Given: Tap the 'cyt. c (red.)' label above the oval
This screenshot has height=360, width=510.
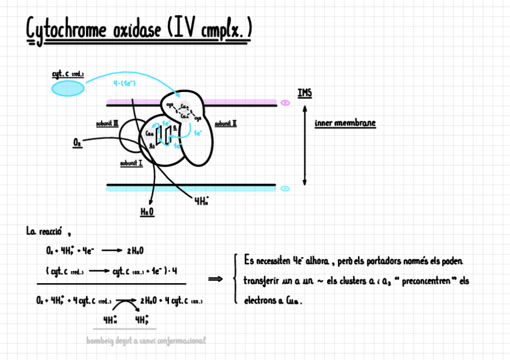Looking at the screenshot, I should [67, 75].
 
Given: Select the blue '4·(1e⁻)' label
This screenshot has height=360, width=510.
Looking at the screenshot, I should [123, 83].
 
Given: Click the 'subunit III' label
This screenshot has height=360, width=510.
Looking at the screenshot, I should [107, 124].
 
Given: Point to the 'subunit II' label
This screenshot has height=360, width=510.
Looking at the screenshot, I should [226, 123].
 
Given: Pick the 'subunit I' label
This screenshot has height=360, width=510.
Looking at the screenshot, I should [131, 162].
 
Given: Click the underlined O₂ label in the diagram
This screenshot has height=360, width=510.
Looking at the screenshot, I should [77, 142].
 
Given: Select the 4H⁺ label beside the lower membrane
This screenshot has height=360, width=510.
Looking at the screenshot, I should [202, 202].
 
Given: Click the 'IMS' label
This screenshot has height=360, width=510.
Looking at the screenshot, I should [305, 93].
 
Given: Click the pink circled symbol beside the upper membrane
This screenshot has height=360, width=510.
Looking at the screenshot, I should [285, 103].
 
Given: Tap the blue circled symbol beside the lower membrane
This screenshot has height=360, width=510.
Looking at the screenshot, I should [285, 188].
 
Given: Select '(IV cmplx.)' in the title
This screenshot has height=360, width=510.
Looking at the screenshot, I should [210, 29].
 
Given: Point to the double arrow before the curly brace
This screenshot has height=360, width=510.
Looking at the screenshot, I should [215, 278].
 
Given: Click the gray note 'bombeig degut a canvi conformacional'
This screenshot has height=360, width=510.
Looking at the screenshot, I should [146, 340].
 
